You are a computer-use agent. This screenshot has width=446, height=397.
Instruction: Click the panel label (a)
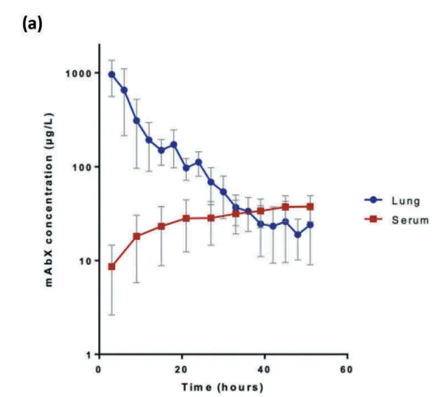click(32, 24)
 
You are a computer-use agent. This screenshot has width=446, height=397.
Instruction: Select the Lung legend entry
click(392, 201)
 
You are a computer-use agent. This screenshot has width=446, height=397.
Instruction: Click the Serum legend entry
click(397, 220)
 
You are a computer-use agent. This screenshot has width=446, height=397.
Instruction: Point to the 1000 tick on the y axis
click(79, 73)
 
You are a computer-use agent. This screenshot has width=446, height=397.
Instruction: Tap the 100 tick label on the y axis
click(83, 167)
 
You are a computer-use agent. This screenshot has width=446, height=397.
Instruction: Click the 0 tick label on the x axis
click(99, 370)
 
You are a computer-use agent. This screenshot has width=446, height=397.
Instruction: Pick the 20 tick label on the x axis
click(181, 370)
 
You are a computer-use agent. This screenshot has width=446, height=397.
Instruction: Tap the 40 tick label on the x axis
click(264, 370)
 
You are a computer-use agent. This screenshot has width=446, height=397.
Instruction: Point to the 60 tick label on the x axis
click(346, 370)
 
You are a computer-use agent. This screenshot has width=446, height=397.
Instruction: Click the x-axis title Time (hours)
click(223, 387)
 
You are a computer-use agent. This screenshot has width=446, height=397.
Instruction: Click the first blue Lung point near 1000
click(112, 75)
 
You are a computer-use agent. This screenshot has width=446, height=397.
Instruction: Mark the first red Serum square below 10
click(112, 266)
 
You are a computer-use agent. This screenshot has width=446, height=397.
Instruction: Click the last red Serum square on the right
click(310, 207)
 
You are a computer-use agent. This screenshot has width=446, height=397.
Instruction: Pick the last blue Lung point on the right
click(310, 225)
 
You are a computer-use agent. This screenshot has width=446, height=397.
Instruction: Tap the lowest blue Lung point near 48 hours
click(298, 235)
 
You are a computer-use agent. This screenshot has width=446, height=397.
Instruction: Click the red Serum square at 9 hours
click(137, 236)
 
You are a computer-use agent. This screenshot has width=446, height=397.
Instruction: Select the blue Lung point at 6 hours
click(125, 90)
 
